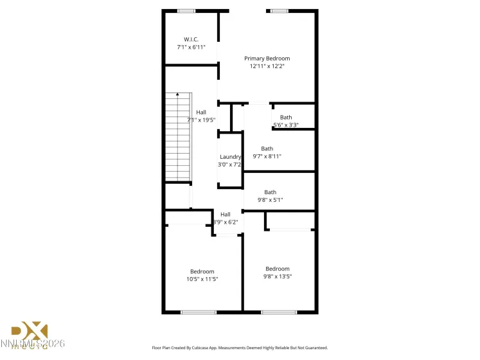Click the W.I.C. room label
[x=191, y=39]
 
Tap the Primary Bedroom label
[x=267, y=58]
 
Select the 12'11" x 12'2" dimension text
[x=267, y=66]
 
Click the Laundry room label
[x=230, y=157]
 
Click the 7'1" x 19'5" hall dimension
[x=201, y=120]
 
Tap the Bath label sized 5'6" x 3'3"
[x=286, y=117]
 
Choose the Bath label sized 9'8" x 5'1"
[x=270, y=192]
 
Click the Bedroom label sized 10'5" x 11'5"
[x=202, y=271]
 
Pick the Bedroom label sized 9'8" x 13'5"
[x=278, y=269]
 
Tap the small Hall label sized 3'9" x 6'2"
[x=226, y=215]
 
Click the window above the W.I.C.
[x=186, y=11]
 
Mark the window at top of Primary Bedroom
[x=279, y=11]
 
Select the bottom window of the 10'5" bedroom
[x=198, y=312]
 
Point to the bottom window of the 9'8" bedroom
[x=278, y=312]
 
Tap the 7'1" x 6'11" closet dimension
[x=191, y=47]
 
